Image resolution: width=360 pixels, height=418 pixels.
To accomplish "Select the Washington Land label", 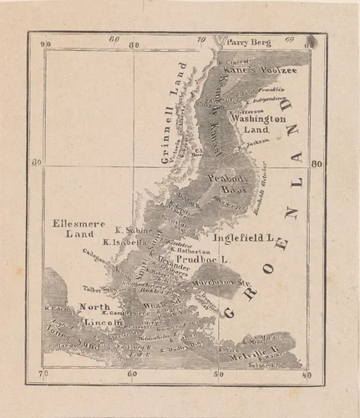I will (259, 125).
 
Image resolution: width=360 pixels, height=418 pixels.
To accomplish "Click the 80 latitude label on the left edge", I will (36, 164).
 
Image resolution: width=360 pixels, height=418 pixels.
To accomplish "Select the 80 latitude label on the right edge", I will (317, 164).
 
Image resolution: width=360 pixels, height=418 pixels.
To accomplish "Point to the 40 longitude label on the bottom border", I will (307, 375).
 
